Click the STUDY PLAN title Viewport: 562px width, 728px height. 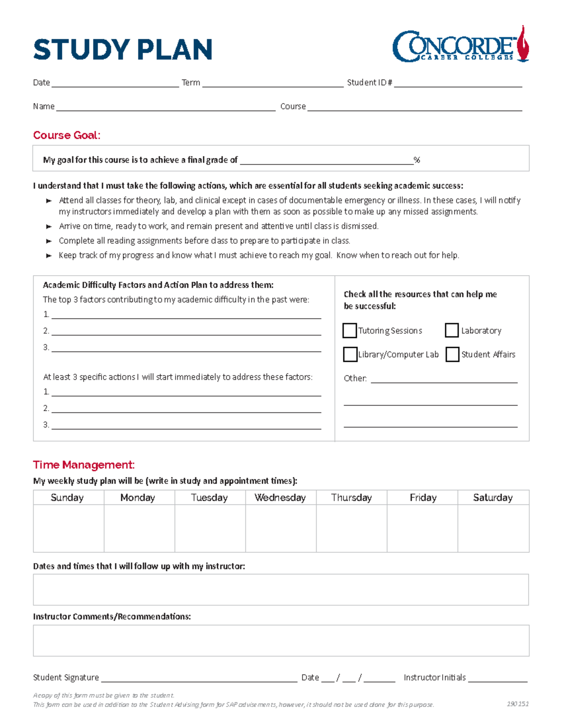(x=123, y=50)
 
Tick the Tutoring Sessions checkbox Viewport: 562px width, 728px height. (x=350, y=330)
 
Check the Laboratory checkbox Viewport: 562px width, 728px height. (x=451, y=330)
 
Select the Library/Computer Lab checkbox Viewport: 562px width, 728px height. (x=350, y=354)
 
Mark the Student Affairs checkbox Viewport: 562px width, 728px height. (x=452, y=354)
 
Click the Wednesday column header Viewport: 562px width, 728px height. (x=280, y=497)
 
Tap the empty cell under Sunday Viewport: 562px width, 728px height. (x=68, y=528)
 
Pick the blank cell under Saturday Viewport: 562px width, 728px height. (x=493, y=528)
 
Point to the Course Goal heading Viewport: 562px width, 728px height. (x=67, y=135)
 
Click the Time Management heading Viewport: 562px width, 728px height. (x=84, y=465)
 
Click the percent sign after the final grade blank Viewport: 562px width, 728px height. (x=417, y=160)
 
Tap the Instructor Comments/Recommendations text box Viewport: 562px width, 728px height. (x=281, y=640)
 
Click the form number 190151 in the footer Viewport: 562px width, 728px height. (x=518, y=704)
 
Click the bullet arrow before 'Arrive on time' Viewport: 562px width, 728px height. (x=49, y=226)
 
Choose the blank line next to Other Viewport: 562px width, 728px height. (x=444, y=380)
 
